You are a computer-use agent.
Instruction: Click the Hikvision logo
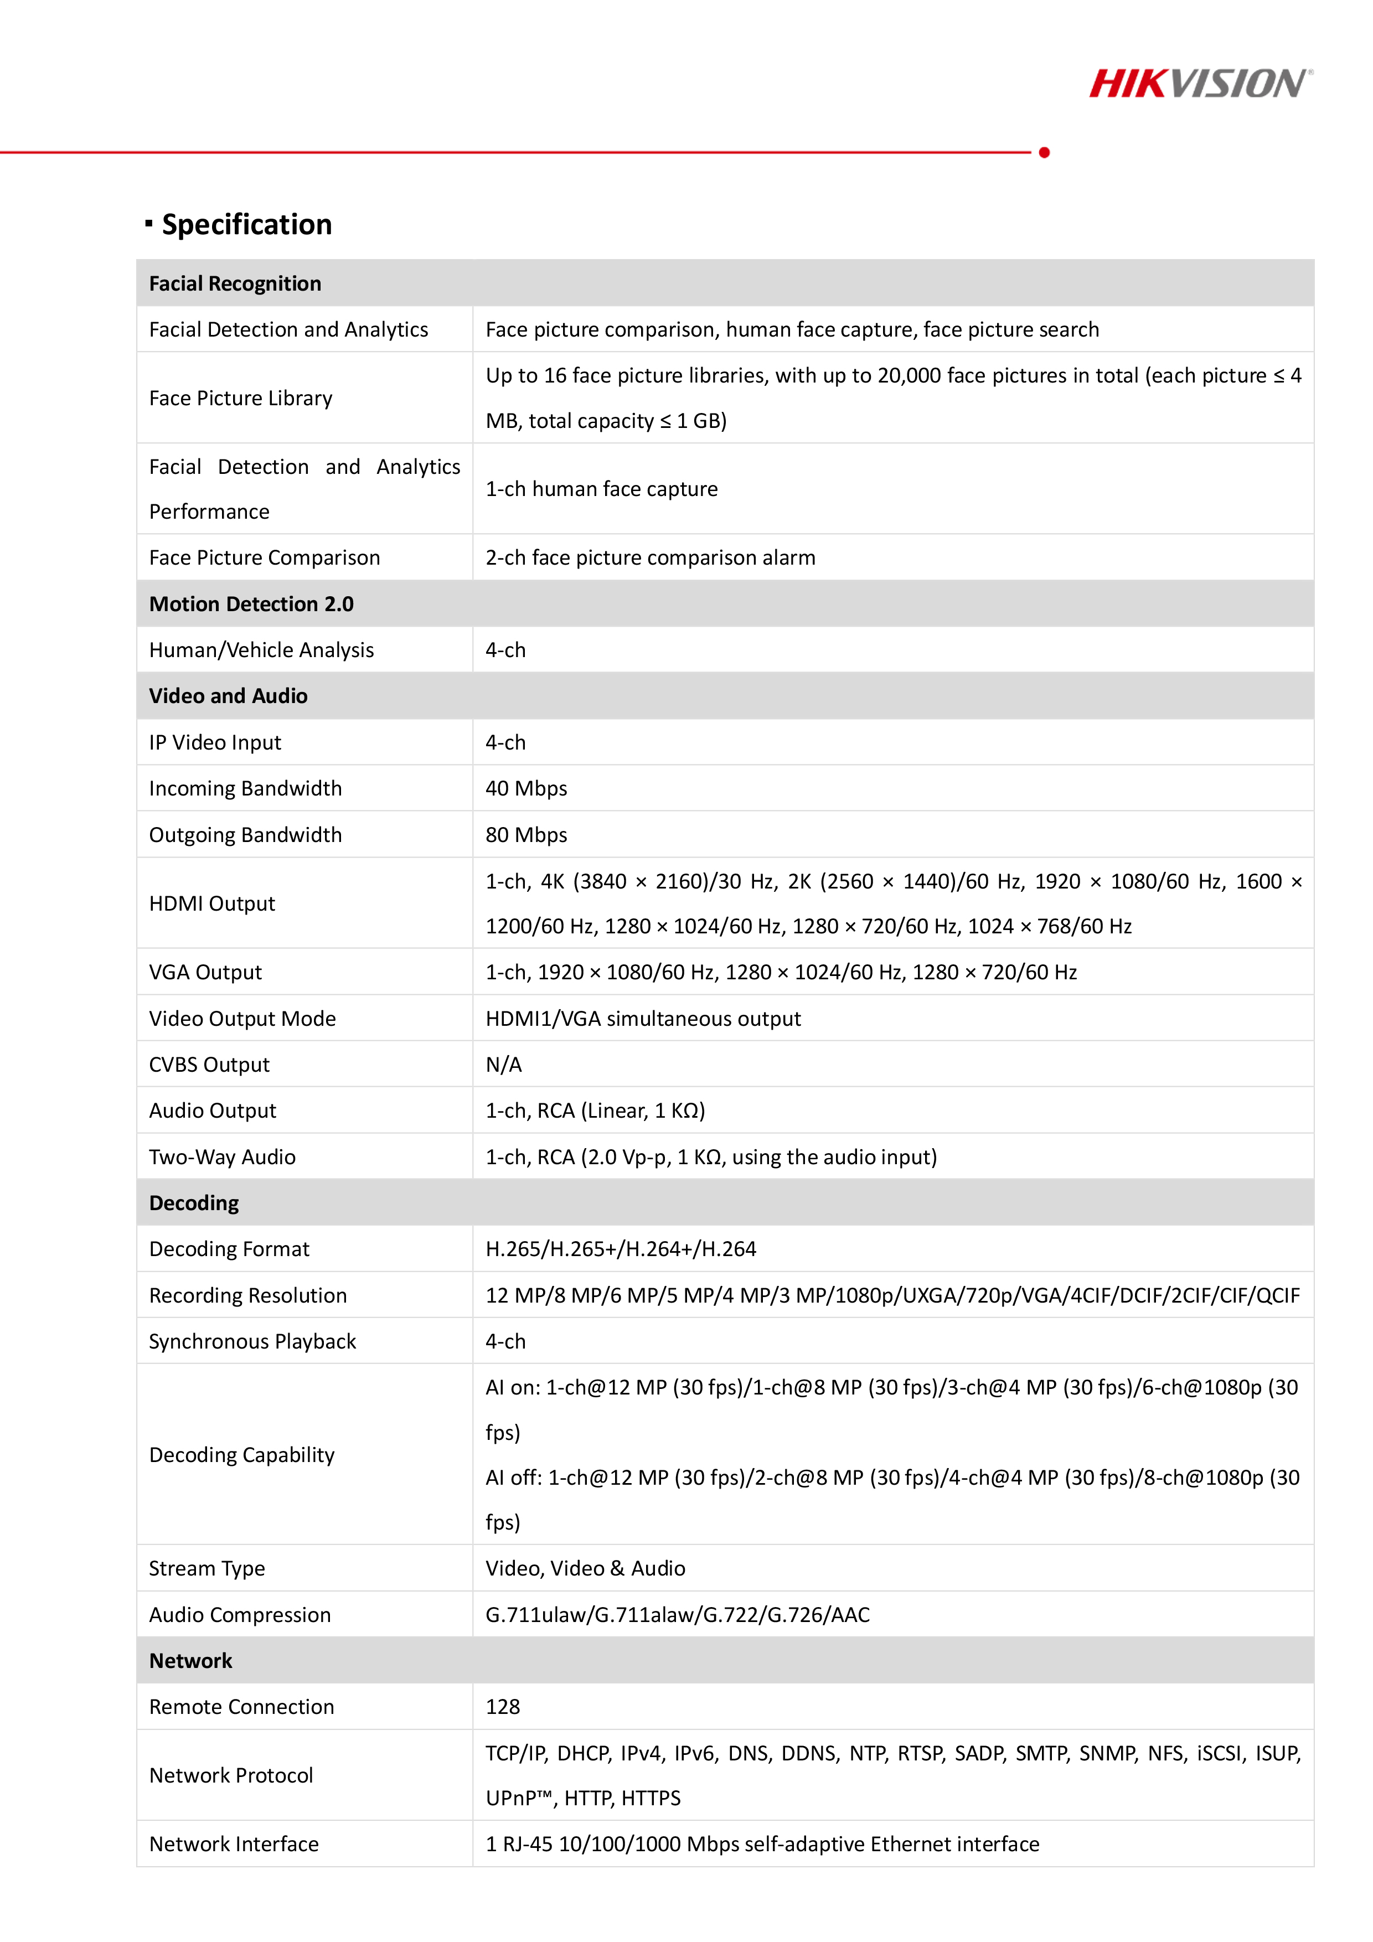coord(1200,84)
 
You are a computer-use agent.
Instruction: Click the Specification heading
coord(246,224)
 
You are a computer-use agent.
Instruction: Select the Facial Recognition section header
coord(235,283)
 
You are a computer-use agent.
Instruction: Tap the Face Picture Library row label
coord(240,399)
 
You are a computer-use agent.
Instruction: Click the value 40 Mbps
coord(526,788)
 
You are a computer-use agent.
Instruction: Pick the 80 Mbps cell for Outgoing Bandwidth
coord(526,835)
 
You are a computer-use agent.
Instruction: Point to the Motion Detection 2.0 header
coord(251,604)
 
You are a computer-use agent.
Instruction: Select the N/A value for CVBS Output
coord(503,1065)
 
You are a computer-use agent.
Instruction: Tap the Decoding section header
coord(194,1203)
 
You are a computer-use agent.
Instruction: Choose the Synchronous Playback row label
coord(252,1341)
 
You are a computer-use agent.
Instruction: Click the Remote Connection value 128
coord(503,1707)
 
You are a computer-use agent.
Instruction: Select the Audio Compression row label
coord(239,1615)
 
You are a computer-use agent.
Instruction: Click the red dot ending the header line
coord(1044,152)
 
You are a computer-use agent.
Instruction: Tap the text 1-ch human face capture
coord(601,489)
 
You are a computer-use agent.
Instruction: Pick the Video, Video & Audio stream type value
coord(585,1568)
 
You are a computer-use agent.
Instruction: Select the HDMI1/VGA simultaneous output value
coord(643,1019)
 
